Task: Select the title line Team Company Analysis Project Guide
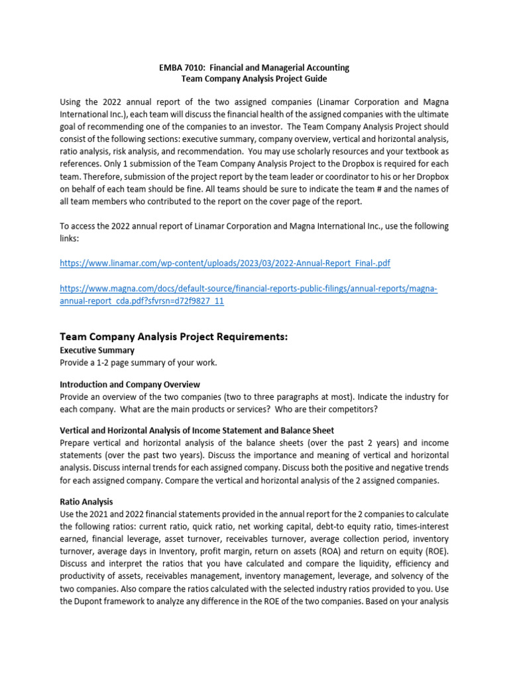pyautogui.click(x=254, y=79)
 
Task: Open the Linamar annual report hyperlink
pyautogui.click(x=225, y=263)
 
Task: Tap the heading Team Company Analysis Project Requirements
pyautogui.click(x=174, y=337)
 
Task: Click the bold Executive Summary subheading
pyautogui.click(x=97, y=350)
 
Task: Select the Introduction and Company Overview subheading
pyautogui.click(x=130, y=385)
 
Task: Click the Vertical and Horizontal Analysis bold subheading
pyautogui.click(x=197, y=431)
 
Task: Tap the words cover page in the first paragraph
pyautogui.click(x=309, y=202)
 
